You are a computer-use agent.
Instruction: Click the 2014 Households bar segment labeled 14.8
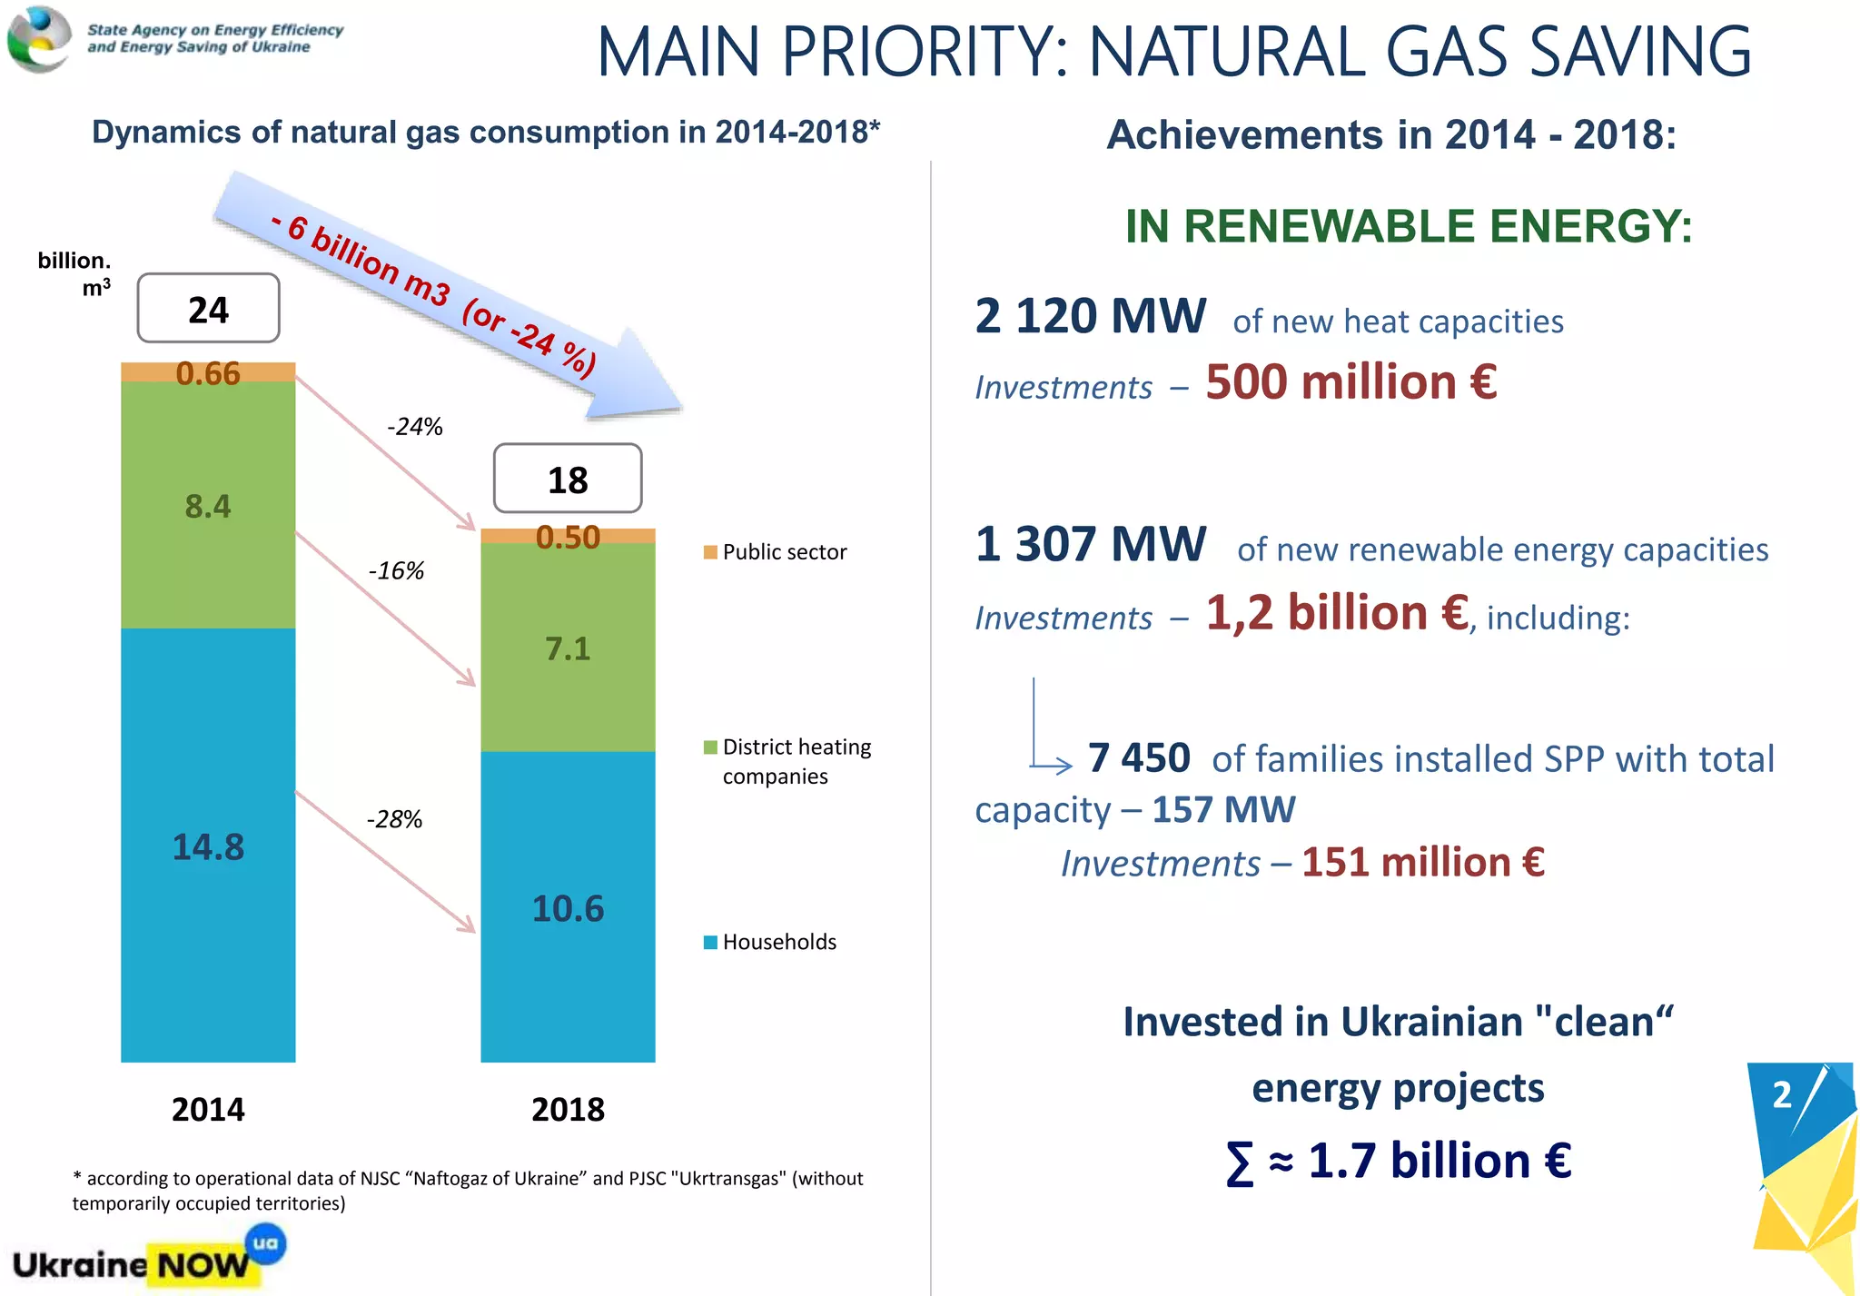tap(208, 845)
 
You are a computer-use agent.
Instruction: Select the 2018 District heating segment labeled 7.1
tap(568, 648)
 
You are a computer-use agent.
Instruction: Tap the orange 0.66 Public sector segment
tap(208, 372)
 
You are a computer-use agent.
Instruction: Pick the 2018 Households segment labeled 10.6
tap(568, 907)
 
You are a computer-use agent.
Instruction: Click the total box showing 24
tap(208, 309)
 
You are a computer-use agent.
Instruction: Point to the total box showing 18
tap(568, 479)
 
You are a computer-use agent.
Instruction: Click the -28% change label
tap(394, 819)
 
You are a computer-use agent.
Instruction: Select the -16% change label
tap(396, 570)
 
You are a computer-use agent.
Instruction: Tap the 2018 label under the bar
tap(568, 1109)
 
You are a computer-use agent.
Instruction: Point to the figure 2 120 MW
tap(1090, 316)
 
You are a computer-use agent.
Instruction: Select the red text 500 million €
tap(1351, 381)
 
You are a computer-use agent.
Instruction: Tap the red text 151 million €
tap(1422, 862)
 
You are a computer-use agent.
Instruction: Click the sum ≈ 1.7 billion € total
tap(1399, 1161)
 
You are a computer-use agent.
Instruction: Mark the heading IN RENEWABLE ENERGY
tap(1408, 225)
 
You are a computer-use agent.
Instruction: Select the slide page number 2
tap(1782, 1094)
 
